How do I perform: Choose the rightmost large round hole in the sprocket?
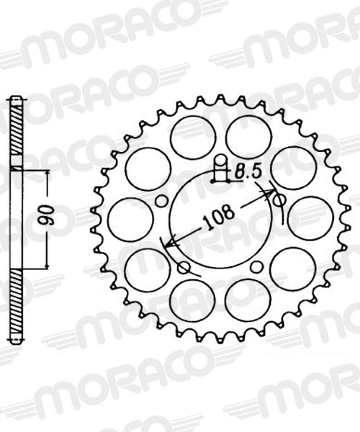tap(310, 218)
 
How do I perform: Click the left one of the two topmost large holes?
tap(193, 137)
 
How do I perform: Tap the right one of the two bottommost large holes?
tap(248, 300)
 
